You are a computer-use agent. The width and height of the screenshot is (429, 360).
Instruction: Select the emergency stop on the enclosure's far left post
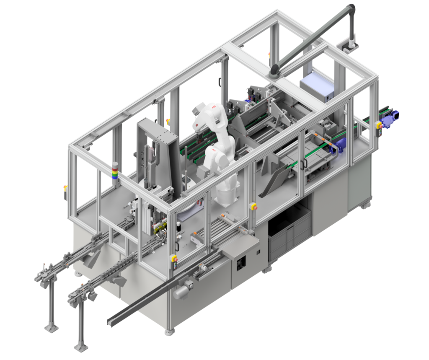tap(65, 188)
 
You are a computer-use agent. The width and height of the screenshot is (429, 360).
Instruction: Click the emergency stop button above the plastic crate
tap(253, 206)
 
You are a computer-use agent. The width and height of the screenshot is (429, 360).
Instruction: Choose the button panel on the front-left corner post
tap(174, 259)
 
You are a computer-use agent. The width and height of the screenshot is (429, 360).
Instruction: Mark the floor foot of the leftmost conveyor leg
tap(51, 327)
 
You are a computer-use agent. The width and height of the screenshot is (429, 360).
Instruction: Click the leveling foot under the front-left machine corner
tap(169, 332)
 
